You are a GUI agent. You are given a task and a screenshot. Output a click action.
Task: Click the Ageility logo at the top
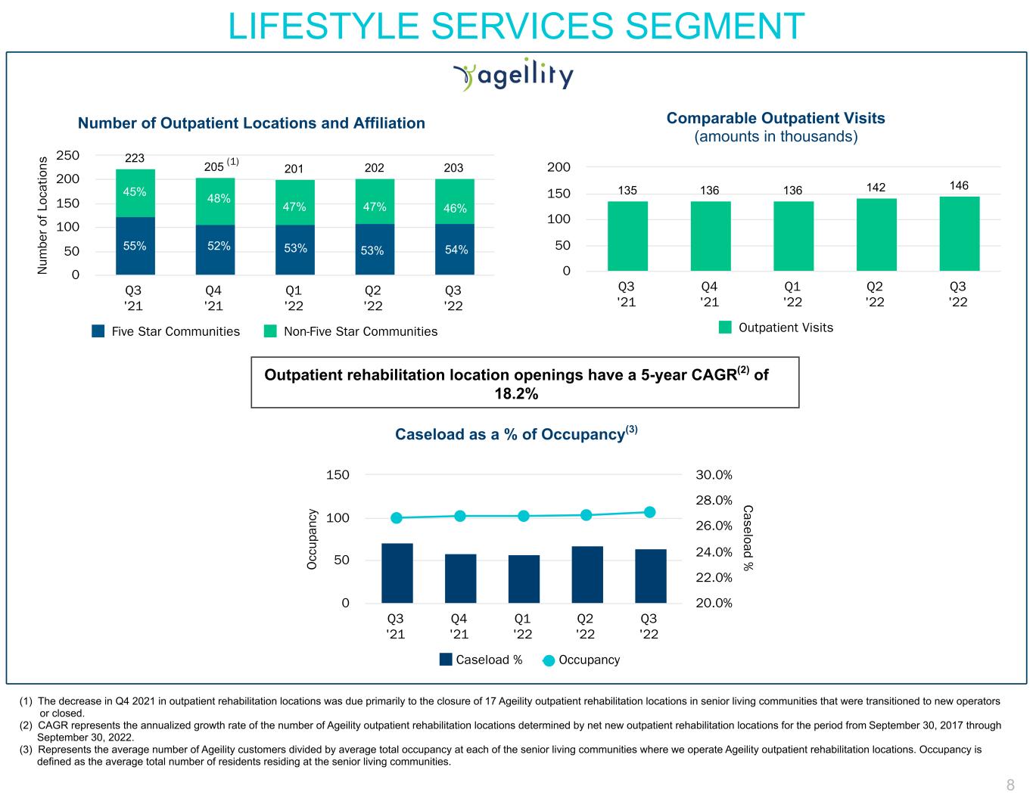click(x=513, y=76)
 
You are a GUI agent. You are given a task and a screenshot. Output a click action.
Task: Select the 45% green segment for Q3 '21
click(x=135, y=192)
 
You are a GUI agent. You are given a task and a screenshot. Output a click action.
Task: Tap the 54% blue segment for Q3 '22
click(x=455, y=250)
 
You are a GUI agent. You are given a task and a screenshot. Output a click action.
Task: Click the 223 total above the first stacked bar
click(x=135, y=158)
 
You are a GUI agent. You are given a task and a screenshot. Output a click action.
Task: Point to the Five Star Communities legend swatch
click(x=98, y=331)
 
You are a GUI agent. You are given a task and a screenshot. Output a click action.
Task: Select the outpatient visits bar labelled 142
click(x=876, y=234)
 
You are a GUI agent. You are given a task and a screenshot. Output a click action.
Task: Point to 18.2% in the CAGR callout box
click(x=516, y=394)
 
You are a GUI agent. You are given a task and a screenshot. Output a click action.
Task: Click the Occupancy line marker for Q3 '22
click(x=649, y=512)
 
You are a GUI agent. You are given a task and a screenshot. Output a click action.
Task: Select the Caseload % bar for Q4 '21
click(x=460, y=579)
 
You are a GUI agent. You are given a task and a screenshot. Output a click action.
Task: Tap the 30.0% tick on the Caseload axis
click(x=714, y=475)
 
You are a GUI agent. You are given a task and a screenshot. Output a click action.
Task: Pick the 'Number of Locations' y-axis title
click(x=43, y=216)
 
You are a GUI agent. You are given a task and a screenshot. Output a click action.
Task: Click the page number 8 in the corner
click(x=1010, y=784)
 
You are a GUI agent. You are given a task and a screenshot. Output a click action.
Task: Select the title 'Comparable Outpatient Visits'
click(x=775, y=118)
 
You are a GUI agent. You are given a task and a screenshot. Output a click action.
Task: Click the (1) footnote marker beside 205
click(x=233, y=162)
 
